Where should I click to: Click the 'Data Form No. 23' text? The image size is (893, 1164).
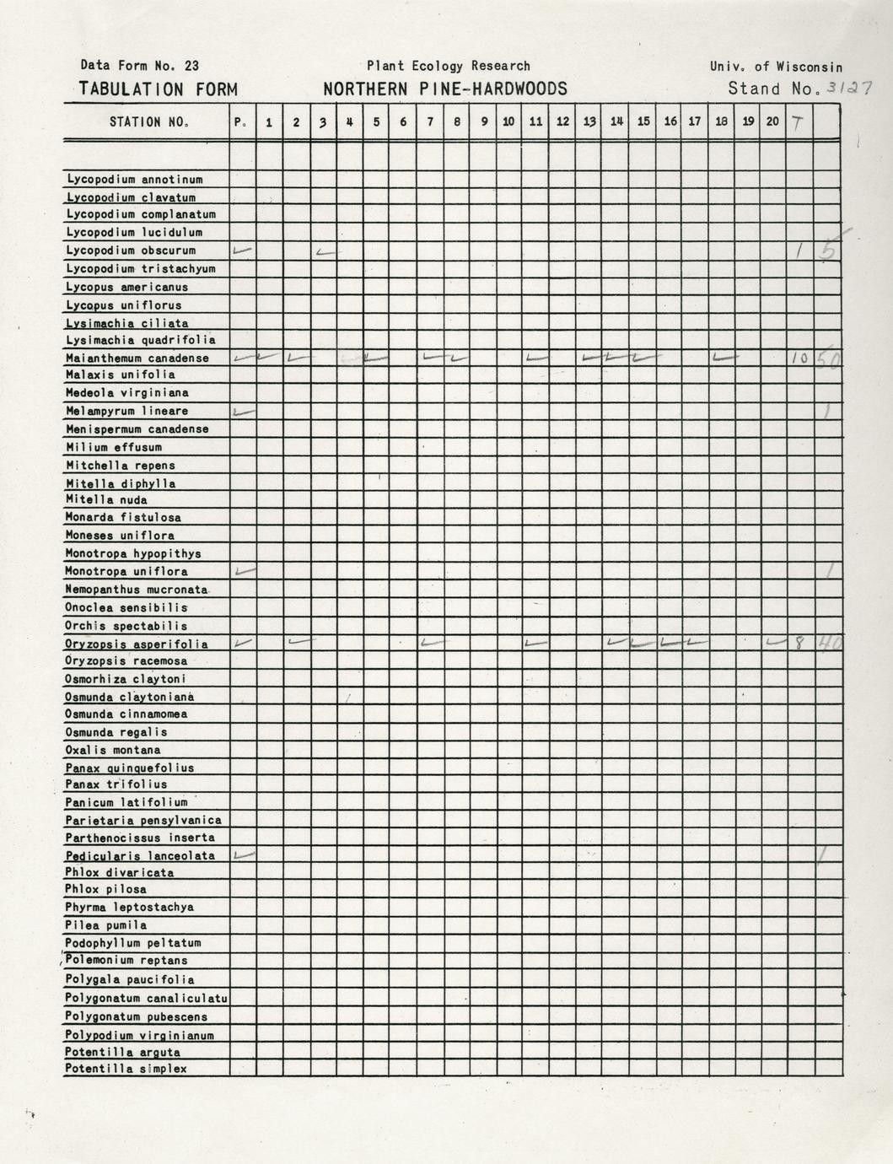pos(140,65)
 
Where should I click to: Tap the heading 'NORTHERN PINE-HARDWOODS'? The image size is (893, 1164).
pos(444,89)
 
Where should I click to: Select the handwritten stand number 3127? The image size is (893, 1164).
pos(849,87)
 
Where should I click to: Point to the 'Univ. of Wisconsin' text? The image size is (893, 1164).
pos(776,67)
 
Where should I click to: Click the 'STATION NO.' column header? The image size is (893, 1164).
pos(148,122)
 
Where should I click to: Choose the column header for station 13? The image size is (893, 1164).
pos(589,122)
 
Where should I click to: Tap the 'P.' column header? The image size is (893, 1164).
pos(241,122)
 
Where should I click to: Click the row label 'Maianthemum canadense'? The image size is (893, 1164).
pos(137,358)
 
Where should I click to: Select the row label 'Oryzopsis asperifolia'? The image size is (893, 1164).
pos(137,644)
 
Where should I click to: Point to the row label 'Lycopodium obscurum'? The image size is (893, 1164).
pos(131,251)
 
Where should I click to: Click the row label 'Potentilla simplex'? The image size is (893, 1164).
pos(126,1069)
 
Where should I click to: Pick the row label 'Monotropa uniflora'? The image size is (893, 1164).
pos(126,572)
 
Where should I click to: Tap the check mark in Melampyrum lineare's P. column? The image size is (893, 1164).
pos(243,412)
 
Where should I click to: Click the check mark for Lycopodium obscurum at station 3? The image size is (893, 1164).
pos(324,251)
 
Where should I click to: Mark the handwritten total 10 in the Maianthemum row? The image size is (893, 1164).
pos(799,358)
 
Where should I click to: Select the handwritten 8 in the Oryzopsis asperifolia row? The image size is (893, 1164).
pos(799,644)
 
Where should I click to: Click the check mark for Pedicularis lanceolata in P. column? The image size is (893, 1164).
pos(243,854)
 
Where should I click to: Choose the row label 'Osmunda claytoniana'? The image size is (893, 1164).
pos(130,697)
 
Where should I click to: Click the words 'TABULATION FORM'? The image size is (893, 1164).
pos(158,89)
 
